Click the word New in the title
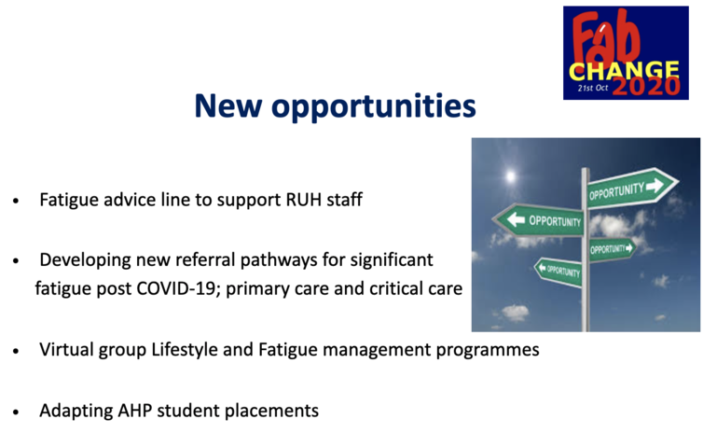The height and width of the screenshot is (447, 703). [227, 105]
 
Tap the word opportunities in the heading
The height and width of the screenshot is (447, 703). [374, 108]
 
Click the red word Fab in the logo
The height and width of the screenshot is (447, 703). [605, 37]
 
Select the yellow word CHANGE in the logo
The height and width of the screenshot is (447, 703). [624, 71]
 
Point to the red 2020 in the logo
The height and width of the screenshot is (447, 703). [646, 86]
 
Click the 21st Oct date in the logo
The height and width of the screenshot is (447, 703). [592, 88]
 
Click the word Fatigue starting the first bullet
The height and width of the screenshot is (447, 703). [69, 200]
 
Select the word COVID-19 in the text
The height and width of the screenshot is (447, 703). [176, 288]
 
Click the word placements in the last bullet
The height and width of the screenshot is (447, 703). [271, 412]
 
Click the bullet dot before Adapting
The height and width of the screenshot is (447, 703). [16, 412]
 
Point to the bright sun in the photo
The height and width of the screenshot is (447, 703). [510, 175]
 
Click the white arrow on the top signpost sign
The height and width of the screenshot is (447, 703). [655, 185]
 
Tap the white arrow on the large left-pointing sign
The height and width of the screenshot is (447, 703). [516, 219]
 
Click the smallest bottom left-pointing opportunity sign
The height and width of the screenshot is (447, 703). [558, 271]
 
